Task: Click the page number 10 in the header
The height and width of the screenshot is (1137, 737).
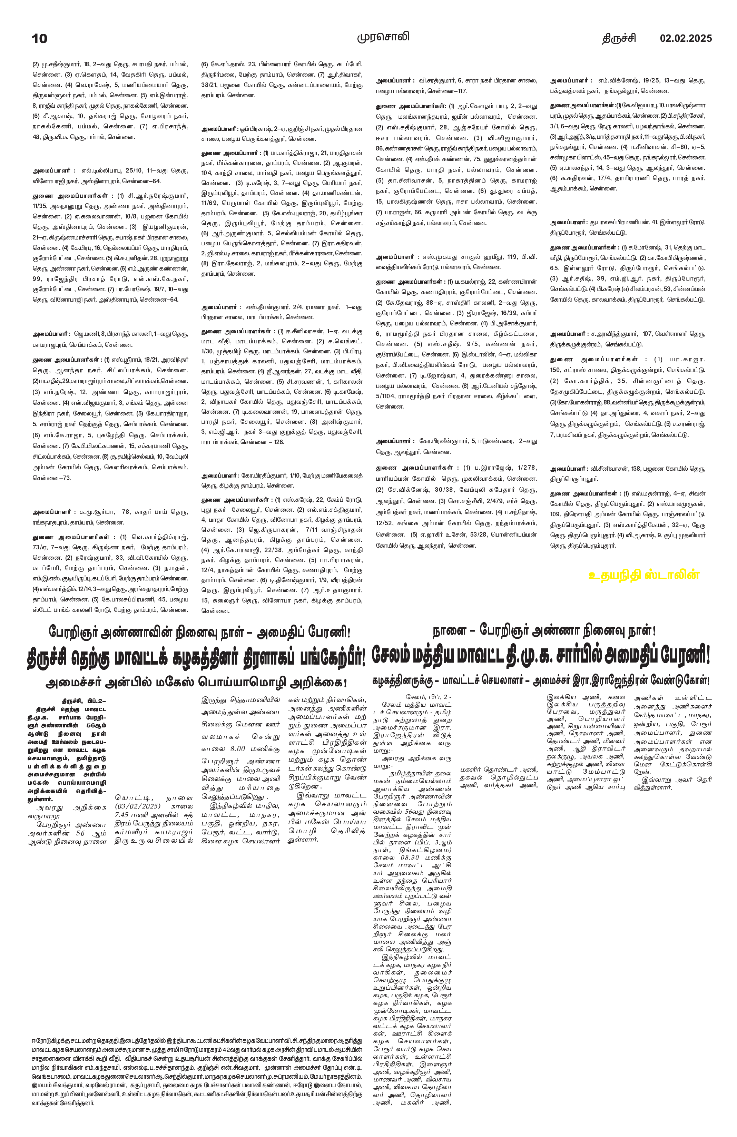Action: (x=40, y=39)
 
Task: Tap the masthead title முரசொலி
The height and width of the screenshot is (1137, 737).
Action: (x=383, y=37)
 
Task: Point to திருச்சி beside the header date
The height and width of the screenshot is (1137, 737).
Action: (x=619, y=38)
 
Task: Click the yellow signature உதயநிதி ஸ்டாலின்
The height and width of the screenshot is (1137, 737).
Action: (x=644, y=575)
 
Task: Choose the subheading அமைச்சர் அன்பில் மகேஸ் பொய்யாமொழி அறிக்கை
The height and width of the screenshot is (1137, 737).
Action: (x=196, y=683)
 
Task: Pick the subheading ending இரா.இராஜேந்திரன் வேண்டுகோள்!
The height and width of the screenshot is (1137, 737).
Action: (x=542, y=680)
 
